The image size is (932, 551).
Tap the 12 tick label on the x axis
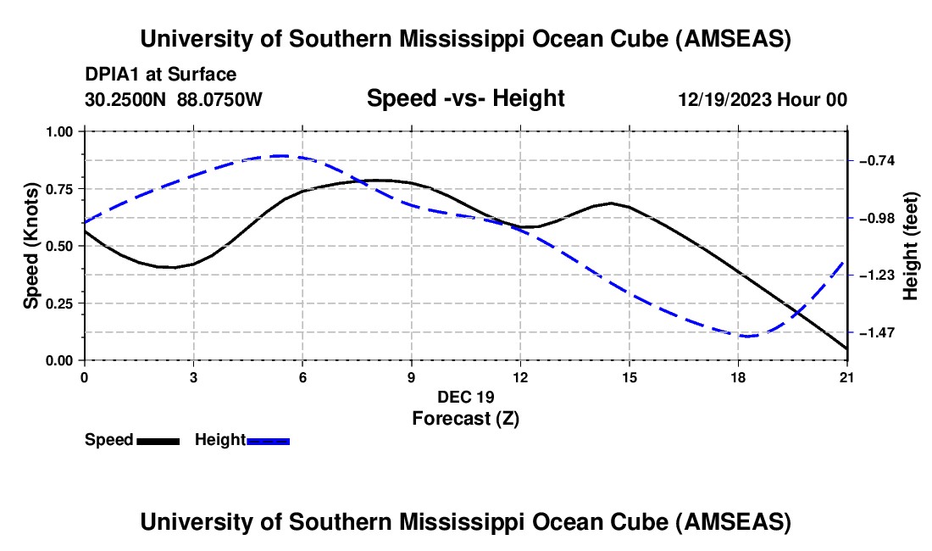coord(519,376)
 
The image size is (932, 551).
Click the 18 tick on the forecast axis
coord(738,376)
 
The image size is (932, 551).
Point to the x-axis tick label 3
coord(193,376)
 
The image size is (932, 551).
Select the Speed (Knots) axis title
coord(31,246)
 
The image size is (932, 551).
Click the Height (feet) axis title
coord(911,246)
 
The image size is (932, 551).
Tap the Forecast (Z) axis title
coord(465,418)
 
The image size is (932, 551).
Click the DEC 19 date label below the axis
coord(465,397)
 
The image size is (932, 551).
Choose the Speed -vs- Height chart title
coord(465,98)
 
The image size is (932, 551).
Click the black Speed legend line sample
coord(158,440)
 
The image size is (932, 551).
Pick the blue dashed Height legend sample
coord(268,440)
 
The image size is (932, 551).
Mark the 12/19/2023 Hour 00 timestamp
coord(763,99)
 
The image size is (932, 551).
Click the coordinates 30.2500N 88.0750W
coord(174,99)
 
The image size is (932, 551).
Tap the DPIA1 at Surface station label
coord(160,75)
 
